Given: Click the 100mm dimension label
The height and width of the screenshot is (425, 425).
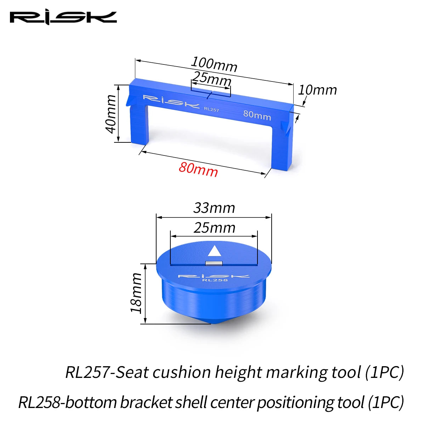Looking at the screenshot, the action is [x=214, y=64].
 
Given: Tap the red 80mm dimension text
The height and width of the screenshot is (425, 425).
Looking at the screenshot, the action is [x=198, y=169].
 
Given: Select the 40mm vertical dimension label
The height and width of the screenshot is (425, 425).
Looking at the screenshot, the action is [x=111, y=114].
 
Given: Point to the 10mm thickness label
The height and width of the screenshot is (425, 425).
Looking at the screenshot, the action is [x=317, y=90].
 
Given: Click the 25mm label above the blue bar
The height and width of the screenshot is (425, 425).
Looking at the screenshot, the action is [x=211, y=79].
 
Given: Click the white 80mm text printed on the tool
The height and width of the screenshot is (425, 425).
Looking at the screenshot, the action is [x=257, y=115].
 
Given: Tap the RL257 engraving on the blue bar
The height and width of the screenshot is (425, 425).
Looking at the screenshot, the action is [x=211, y=109].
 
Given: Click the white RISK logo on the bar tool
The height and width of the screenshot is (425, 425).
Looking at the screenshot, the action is [x=171, y=102].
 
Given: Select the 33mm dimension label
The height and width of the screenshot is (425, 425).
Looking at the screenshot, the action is [x=214, y=208].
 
